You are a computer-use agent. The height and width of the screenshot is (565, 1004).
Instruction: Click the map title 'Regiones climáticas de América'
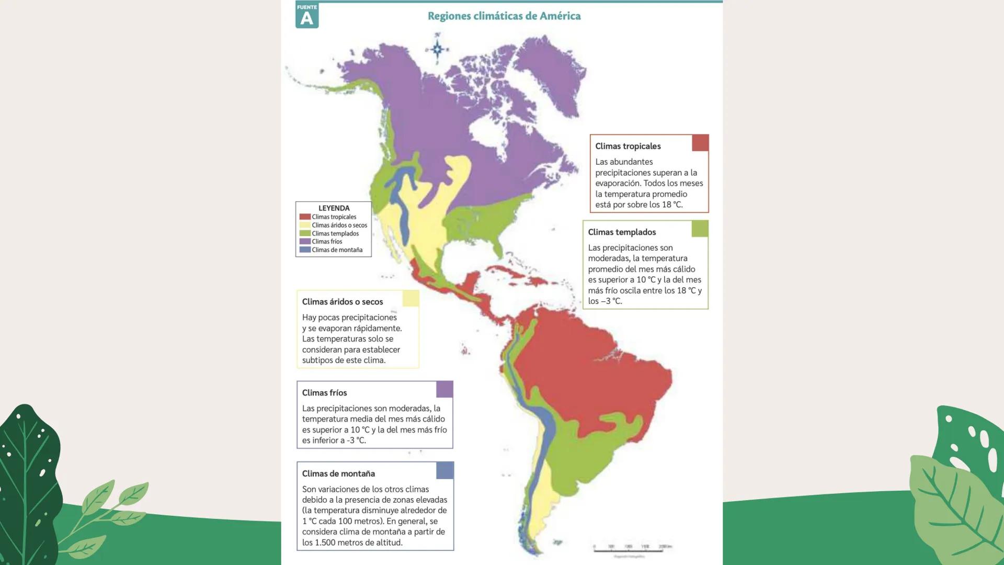[x=504, y=16]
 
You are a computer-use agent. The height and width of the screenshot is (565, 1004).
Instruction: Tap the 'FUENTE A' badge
[x=307, y=15]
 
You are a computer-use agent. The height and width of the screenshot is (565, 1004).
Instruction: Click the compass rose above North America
[x=437, y=49]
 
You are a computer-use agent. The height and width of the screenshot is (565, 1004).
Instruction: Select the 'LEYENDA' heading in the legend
[x=334, y=208]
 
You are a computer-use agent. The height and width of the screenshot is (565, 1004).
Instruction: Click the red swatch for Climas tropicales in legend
[x=305, y=217]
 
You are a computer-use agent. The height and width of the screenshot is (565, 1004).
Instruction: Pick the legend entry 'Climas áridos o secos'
[x=339, y=225]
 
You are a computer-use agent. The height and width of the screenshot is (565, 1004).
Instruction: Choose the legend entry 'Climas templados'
[x=335, y=234]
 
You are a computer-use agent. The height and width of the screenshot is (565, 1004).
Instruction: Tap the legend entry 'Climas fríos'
[x=327, y=242]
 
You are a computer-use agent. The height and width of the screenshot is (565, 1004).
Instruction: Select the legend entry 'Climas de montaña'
[x=337, y=250]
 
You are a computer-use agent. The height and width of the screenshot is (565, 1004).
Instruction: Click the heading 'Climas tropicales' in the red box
[x=627, y=146]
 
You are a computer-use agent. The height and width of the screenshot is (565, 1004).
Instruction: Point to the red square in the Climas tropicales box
[x=700, y=143]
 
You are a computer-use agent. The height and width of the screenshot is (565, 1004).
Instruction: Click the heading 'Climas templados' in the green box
[x=621, y=232]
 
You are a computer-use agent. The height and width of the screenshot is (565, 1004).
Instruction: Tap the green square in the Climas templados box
[x=700, y=229]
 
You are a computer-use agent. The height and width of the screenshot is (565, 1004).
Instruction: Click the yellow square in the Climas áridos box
[x=410, y=298]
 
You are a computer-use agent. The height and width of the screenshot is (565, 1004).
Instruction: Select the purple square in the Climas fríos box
[x=444, y=389]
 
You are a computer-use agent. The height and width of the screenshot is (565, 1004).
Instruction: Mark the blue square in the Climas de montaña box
[x=444, y=470]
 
